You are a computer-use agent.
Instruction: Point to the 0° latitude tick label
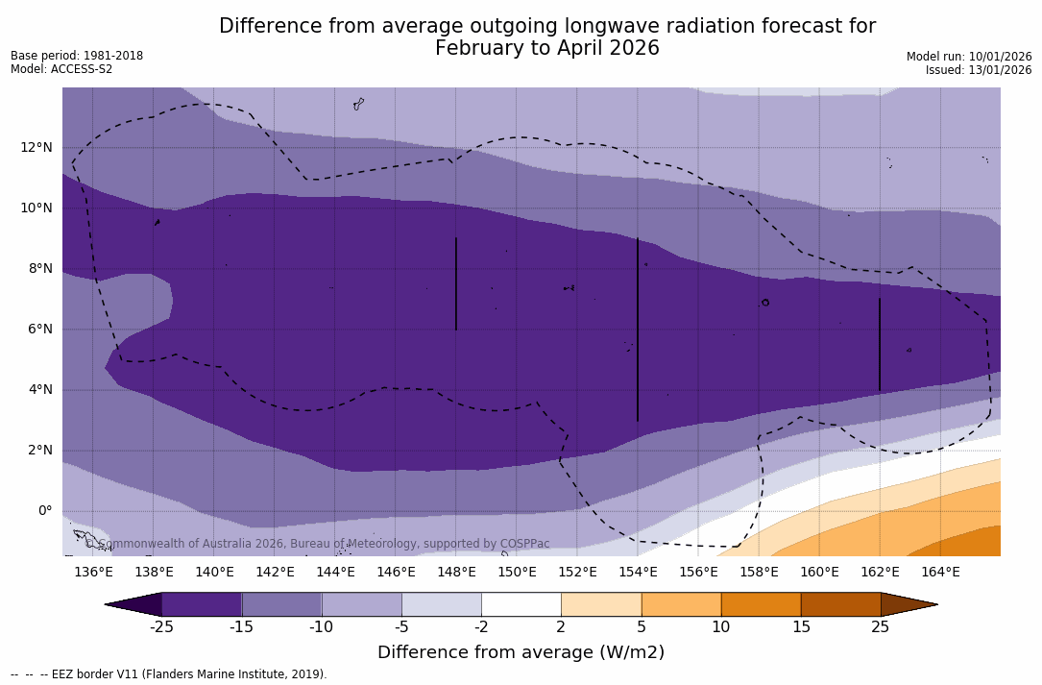[45, 510]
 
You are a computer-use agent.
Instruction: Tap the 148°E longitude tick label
[456, 572]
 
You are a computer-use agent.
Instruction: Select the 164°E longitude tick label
[940, 572]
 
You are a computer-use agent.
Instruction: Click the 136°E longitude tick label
[93, 572]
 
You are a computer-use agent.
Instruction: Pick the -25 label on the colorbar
[161, 627]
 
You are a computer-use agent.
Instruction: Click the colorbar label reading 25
[880, 627]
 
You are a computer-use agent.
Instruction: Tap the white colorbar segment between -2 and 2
[521, 604]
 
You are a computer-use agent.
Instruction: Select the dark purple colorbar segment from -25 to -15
[202, 604]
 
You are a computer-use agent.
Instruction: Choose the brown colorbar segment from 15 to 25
[840, 604]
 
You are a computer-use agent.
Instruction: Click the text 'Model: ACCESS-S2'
[61, 69]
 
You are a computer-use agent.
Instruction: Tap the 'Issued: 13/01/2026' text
[979, 70]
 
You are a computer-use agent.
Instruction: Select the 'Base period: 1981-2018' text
[77, 56]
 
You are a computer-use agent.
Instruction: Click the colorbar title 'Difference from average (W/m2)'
[521, 652]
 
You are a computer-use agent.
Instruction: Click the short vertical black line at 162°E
[880, 344]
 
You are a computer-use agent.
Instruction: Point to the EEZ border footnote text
[169, 674]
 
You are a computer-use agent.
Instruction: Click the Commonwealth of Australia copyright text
[318, 544]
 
